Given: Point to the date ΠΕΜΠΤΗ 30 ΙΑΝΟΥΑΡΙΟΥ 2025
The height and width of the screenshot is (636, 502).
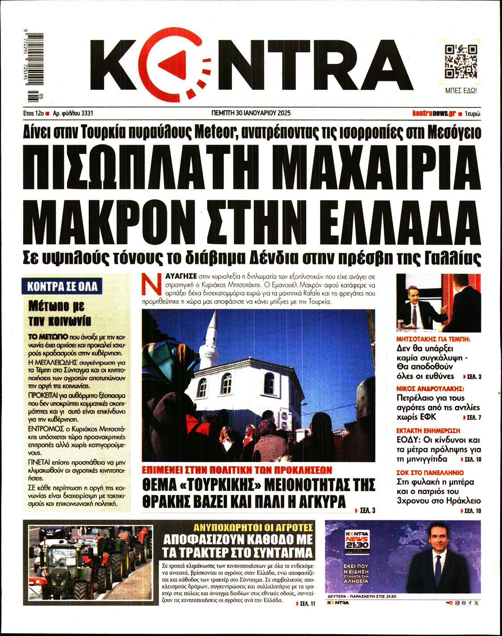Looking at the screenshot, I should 251,113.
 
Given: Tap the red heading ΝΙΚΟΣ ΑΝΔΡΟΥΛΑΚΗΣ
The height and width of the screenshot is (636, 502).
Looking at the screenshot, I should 431,388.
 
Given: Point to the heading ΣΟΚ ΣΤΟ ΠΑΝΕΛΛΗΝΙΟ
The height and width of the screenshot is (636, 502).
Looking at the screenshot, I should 430,472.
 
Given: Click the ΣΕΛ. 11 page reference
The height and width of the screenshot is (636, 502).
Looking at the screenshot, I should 306,603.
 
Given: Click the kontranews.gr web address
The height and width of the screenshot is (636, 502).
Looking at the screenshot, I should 434,113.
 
